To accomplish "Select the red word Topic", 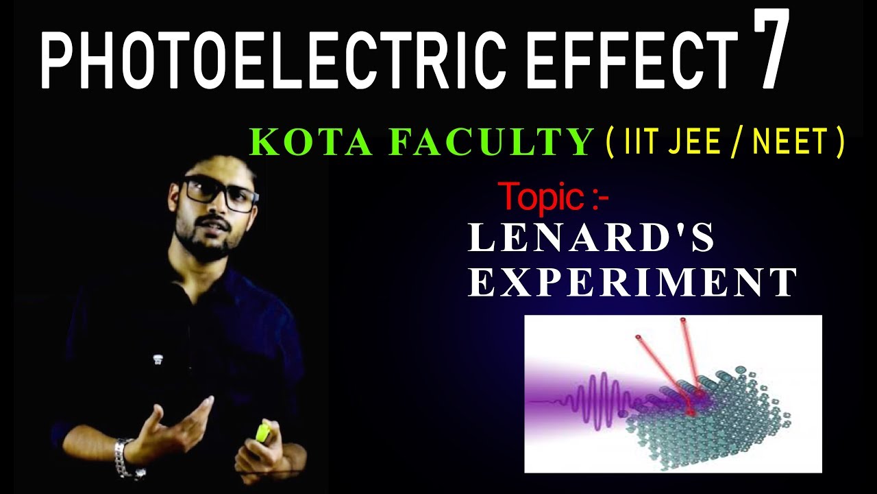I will click(541, 198).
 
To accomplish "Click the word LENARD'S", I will click(591, 238).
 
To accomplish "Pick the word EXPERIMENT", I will click(632, 283).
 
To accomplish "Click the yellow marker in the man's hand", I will click(262, 432).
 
